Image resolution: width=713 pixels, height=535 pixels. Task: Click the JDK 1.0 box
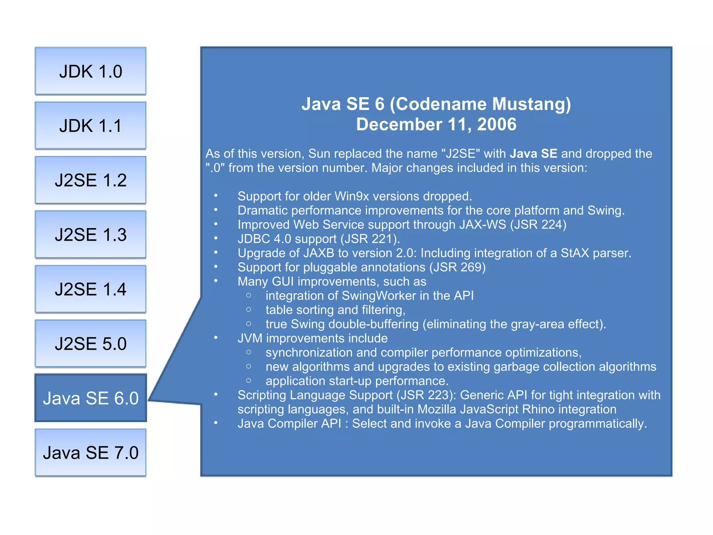coord(91,71)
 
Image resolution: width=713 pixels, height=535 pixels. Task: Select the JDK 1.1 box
coord(91,126)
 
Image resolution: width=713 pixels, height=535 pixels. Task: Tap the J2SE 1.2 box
coord(91,180)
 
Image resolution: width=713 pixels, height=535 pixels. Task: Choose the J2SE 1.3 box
coord(91,235)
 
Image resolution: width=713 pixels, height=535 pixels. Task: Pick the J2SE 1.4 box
coord(91,289)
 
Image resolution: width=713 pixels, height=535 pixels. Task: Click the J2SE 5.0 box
coord(91,344)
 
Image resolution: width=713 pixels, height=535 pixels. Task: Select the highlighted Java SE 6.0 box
coord(91,398)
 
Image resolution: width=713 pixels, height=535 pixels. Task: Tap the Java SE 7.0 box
coord(91,453)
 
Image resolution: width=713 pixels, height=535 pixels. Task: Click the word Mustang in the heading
coord(531,104)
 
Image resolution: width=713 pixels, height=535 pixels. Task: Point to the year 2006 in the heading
coord(497,124)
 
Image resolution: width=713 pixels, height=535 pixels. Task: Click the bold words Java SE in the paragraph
coord(533,154)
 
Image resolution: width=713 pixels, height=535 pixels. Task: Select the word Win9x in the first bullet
coord(352,196)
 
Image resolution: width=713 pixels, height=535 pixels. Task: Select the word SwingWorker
coord(379,296)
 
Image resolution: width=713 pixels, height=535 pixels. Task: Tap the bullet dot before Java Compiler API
coord(216,423)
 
